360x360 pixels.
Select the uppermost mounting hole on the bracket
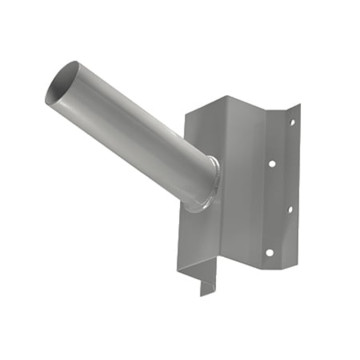[292, 124]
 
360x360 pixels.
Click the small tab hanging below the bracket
[206, 285]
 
